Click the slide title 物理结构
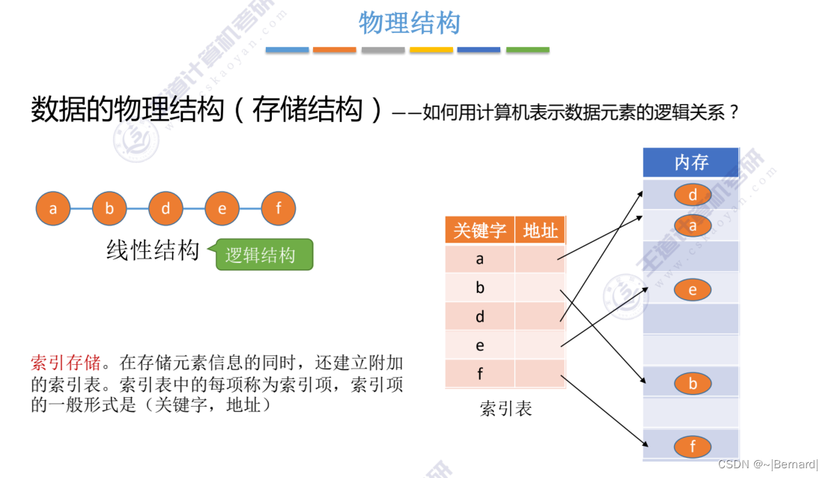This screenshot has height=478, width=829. pyautogui.click(x=409, y=23)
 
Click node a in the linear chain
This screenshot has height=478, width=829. pyautogui.click(x=53, y=209)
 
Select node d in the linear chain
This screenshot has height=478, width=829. pyautogui.click(x=166, y=209)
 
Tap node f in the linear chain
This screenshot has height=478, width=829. pyautogui.click(x=279, y=209)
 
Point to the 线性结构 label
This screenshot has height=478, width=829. pyautogui.click(x=153, y=251)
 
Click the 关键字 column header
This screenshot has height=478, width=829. pyautogui.click(x=479, y=231)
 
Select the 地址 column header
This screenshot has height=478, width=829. pyautogui.click(x=540, y=231)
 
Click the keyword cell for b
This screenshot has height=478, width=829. pyautogui.click(x=480, y=288)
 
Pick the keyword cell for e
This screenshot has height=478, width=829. pyautogui.click(x=480, y=345)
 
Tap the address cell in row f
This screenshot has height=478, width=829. pyautogui.click(x=540, y=374)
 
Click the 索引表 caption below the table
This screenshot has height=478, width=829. pyautogui.click(x=505, y=409)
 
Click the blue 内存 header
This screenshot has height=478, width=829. pyautogui.click(x=690, y=163)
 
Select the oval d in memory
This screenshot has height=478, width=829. pyautogui.click(x=693, y=196)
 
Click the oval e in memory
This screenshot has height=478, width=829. pyautogui.click(x=693, y=290)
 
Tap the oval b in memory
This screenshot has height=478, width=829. pyautogui.click(x=693, y=384)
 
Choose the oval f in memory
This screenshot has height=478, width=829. pyautogui.click(x=693, y=447)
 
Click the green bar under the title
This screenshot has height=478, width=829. pyautogui.click(x=527, y=50)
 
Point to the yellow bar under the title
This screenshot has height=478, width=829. pyautogui.click(x=431, y=50)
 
